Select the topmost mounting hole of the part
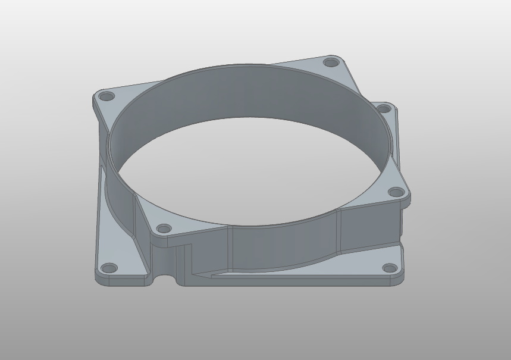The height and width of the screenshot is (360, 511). pyautogui.click(x=330, y=62)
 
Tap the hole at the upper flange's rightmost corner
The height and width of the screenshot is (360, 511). pyautogui.click(x=396, y=192)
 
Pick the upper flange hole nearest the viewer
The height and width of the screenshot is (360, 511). pyautogui.click(x=164, y=228)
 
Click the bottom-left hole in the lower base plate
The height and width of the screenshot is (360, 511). pyautogui.click(x=109, y=268)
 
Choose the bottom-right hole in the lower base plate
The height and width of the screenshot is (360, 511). pyautogui.click(x=389, y=268)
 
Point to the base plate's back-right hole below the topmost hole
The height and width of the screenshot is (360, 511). pyautogui.click(x=384, y=109)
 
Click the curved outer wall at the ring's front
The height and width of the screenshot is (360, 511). pyautogui.click(x=280, y=247)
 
